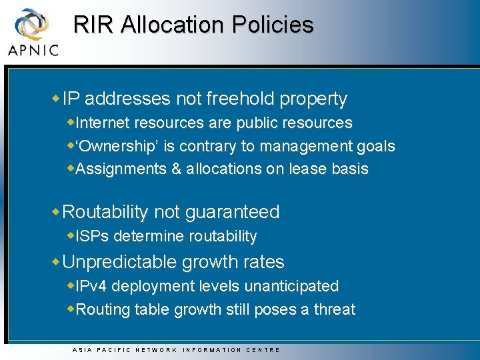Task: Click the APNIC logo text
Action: (x=33, y=49)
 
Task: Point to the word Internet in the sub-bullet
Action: (x=103, y=123)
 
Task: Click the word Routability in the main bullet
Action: (x=105, y=212)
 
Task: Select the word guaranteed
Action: (x=233, y=212)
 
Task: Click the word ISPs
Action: (x=91, y=236)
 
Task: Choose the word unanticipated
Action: (x=291, y=286)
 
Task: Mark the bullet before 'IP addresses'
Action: (x=56, y=98)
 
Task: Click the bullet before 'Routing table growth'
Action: (x=71, y=309)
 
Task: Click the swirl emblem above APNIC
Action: (x=32, y=24)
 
